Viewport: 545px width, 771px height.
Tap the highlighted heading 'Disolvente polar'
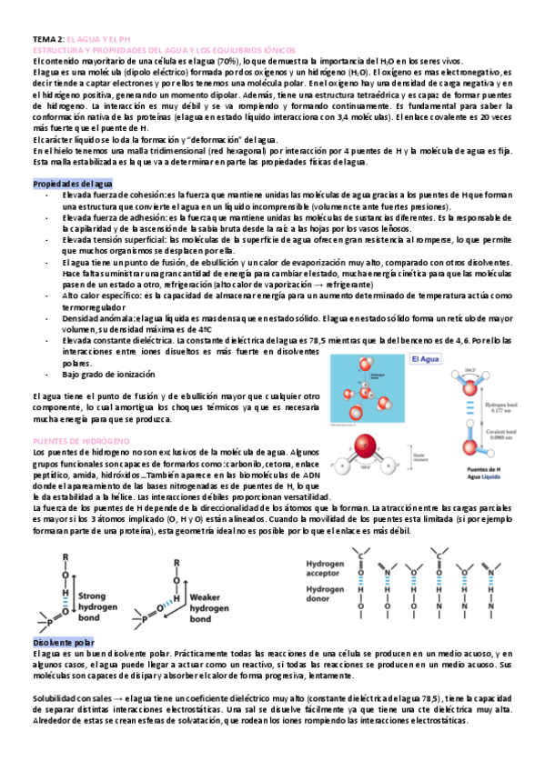63,641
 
